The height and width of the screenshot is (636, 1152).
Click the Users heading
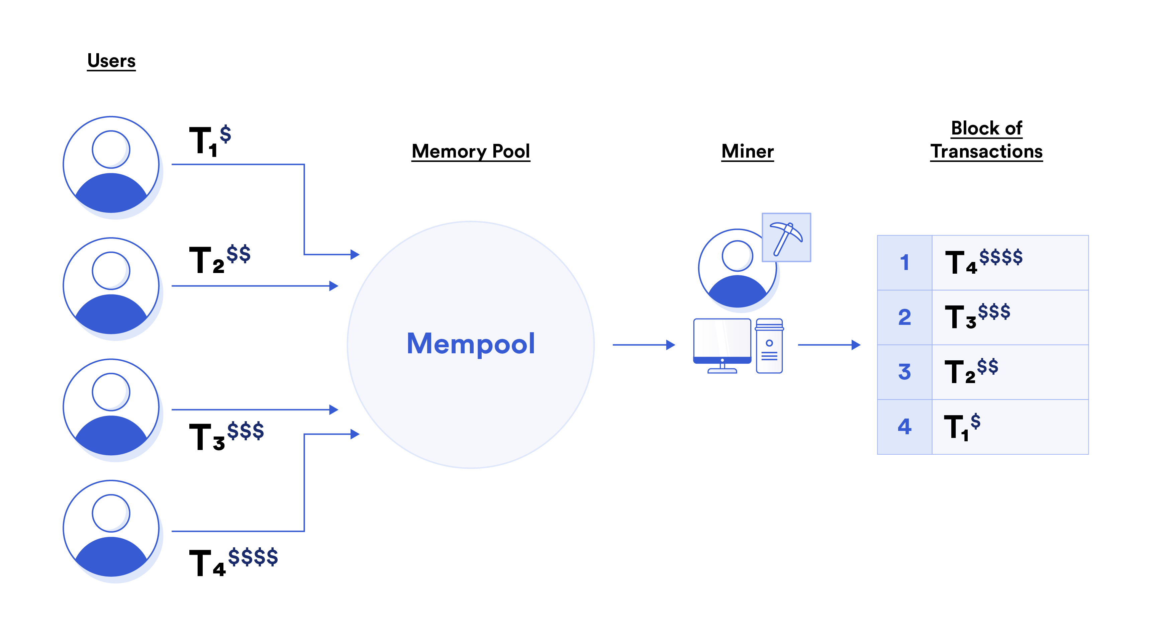tap(111, 61)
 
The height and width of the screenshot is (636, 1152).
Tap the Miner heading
tap(747, 151)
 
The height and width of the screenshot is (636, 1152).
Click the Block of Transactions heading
tap(986, 140)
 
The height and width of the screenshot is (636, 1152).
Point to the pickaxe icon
tap(786, 238)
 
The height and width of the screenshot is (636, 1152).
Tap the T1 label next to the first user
tap(210, 141)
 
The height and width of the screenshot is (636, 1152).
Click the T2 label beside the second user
tap(219, 259)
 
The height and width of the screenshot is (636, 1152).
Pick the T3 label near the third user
tap(226, 436)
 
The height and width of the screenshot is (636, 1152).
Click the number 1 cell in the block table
tap(904, 263)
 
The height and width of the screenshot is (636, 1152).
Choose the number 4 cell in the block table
tap(904, 427)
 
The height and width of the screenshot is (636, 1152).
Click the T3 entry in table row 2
tap(977, 316)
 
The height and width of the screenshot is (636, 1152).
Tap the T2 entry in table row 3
tap(970, 371)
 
